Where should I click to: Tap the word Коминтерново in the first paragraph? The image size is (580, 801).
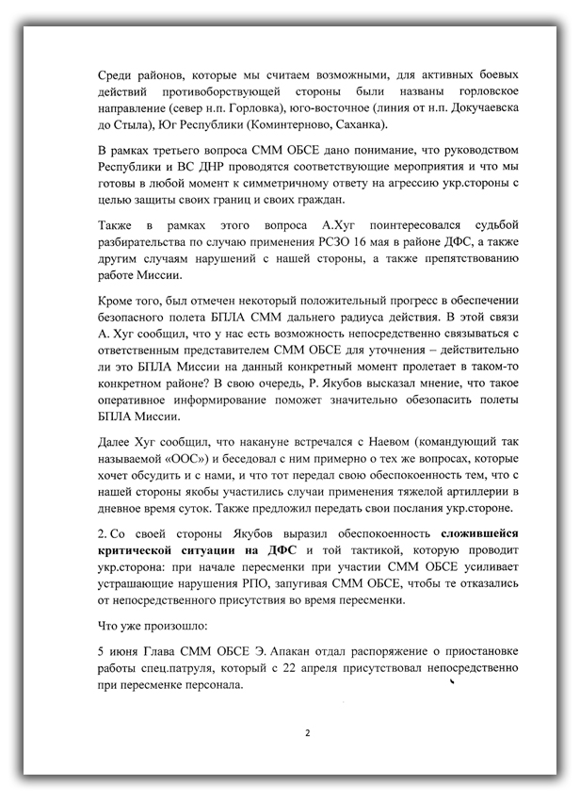(x=286, y=125)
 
